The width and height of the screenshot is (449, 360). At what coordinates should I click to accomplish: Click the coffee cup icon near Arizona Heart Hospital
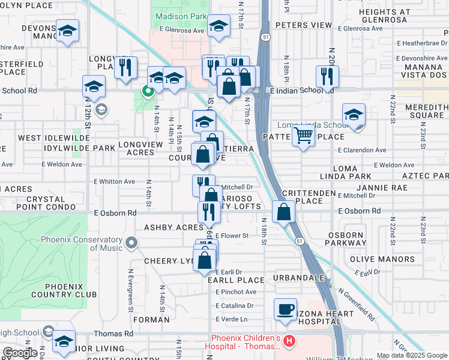(x=285, y=310)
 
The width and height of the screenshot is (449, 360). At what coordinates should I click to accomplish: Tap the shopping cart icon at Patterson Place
(x=304, y=136)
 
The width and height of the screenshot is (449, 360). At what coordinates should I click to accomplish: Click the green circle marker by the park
(x=146, y=91)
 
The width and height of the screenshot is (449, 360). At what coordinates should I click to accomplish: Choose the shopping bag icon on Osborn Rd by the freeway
(x=283, y=211)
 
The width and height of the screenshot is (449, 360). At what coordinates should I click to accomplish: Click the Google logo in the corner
(x=19, y=353)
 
